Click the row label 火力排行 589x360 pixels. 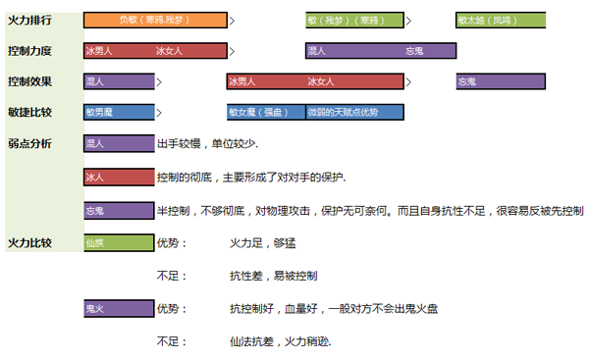coord(29,21)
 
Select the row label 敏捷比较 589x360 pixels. coord(29,112)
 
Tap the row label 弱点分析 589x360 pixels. coord(29,143)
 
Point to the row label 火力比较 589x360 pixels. coord(29,243)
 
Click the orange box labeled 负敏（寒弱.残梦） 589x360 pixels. coord(155,21)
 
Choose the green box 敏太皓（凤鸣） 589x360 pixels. coord(501,21)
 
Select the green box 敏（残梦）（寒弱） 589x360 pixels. coord(355,21)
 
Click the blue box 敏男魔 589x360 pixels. coord(119,112)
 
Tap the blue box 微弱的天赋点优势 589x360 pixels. coord(355,112)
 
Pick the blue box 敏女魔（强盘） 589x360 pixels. coord(266,112)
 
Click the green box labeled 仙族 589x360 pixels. coord(119,243)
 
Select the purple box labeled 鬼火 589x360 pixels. coord(119,309)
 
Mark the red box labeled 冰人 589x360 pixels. coord(119,178)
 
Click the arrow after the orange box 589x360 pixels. coord(232,21)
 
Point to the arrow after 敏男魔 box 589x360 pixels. coord(159,113)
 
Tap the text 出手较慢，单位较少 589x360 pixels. coord(207,144)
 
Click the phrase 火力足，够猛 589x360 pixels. coord(262,243)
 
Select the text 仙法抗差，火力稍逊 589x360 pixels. coord(280,341)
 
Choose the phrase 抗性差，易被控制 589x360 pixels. coord(274,277)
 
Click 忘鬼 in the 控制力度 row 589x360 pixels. coord(414,51)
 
